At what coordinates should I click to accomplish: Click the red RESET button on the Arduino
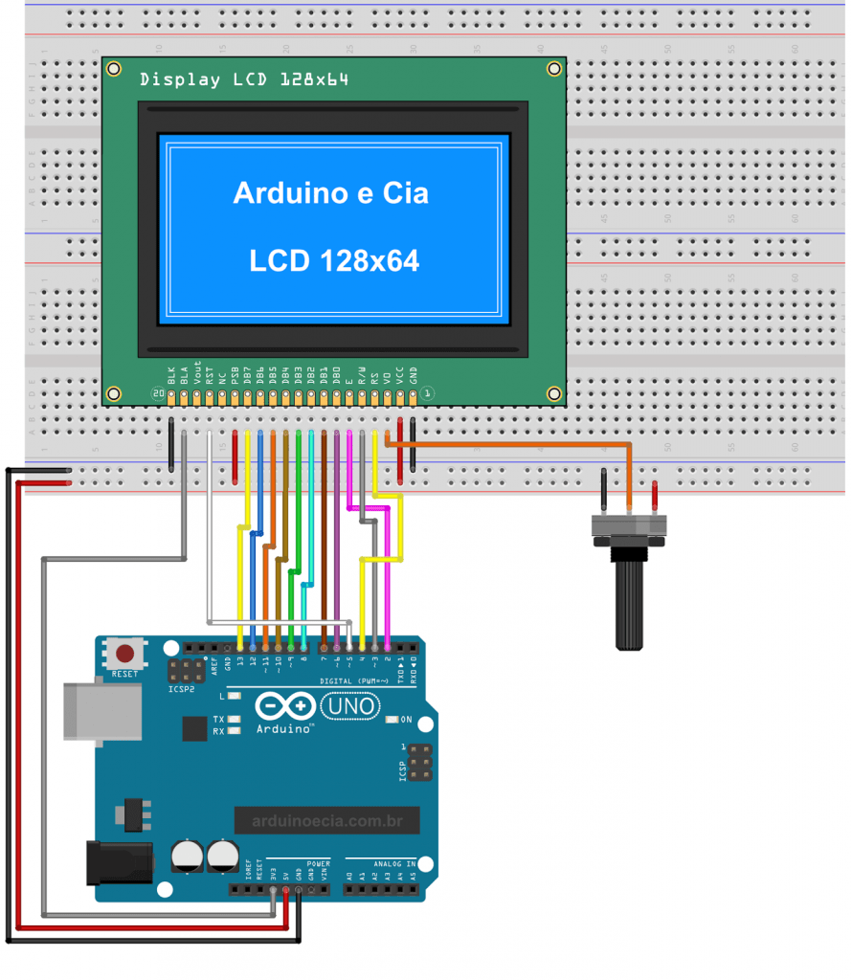124,655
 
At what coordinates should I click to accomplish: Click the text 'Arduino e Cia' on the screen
330,193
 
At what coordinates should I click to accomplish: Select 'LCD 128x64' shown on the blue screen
334,260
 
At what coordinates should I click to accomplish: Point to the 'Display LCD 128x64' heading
243,80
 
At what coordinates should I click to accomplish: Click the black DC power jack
121,860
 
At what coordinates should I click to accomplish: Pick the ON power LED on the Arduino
392,720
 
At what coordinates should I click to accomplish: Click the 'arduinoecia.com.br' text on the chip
326,820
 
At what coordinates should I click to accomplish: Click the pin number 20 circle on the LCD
158,393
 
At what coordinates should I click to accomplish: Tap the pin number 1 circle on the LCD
428,393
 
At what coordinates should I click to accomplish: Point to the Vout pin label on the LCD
197,372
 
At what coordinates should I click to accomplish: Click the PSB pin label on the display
235,374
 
